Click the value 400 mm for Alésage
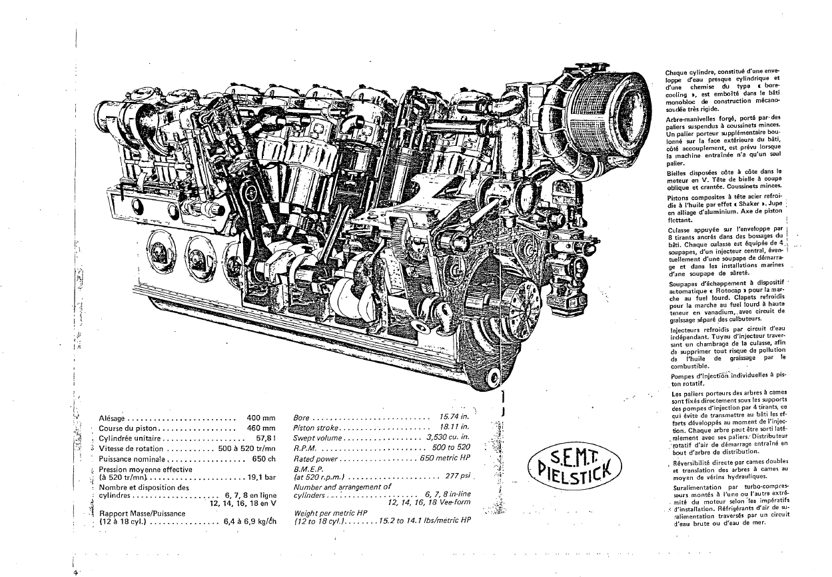[x=261, y=418]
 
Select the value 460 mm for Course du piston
[x=261, y=428]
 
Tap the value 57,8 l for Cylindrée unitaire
[x=266, y=438]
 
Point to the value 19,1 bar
[x=262, y=478]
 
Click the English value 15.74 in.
[x=454, y=417]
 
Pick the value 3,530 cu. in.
[x=448, y=437]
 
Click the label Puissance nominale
[x=132, y=459]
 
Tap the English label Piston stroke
[x=316, y=428]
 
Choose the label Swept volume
[x=318, y=438]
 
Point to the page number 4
[x=75, y=572]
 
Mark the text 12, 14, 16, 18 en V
[x=243, y=504]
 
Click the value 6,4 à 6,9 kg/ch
[x=250, y=521]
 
